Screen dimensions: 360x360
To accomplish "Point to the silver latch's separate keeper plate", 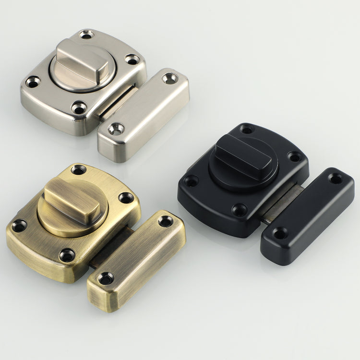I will coord(144,114).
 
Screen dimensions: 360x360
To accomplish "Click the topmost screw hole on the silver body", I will coord(86,35).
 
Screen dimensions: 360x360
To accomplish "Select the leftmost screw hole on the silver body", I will coord(33,82).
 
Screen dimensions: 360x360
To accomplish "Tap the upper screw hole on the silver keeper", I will coord(169,78).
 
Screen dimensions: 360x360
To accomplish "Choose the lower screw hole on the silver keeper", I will coord(116,129).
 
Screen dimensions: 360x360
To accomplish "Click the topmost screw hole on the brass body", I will coord(78,169).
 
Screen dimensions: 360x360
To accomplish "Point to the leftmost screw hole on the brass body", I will coord(19,226).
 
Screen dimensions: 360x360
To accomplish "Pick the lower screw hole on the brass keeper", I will coord(106,278).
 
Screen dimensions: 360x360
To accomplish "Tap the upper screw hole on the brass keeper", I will coord(166,221).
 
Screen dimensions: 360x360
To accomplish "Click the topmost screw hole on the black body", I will coord(247,129).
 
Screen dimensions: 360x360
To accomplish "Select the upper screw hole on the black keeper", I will coord(336,179).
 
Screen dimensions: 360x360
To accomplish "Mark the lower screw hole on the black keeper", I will coord(280,234).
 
